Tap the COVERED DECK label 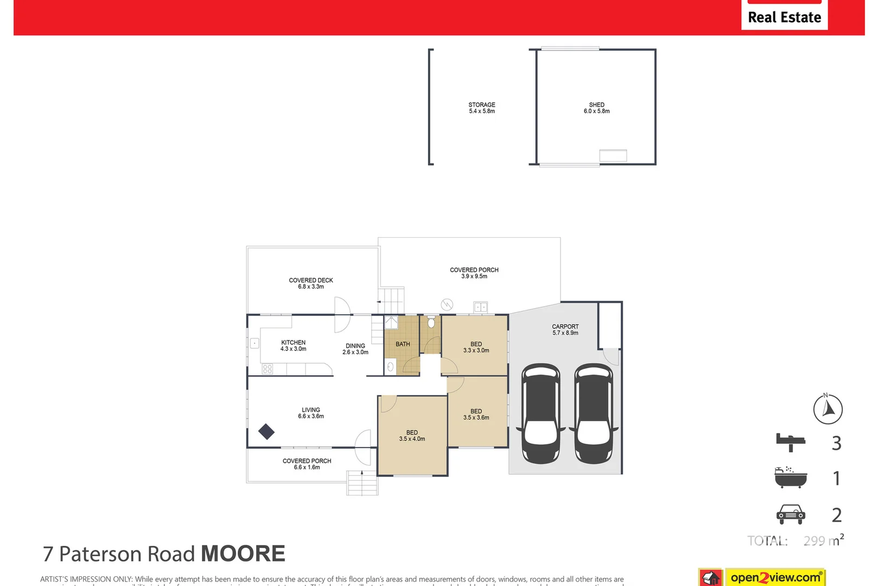pos(311,283)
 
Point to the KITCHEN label pos(293,346)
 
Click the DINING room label pos(355,349)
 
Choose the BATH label pos(403,344)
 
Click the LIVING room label pos(311,413)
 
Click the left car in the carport pos(541,413)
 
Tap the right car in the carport pos(594,413)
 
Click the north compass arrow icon pos(828,409)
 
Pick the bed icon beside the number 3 pos(791,442)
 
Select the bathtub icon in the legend pos(791,477)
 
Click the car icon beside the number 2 pos(791,514)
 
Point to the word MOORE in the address pos(243,553)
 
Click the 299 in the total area pos(814,541)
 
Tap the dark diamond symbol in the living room pos(266,431)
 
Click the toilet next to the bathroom pos(431,323)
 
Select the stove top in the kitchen pos(267,369)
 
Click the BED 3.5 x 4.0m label pos(412,436)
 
